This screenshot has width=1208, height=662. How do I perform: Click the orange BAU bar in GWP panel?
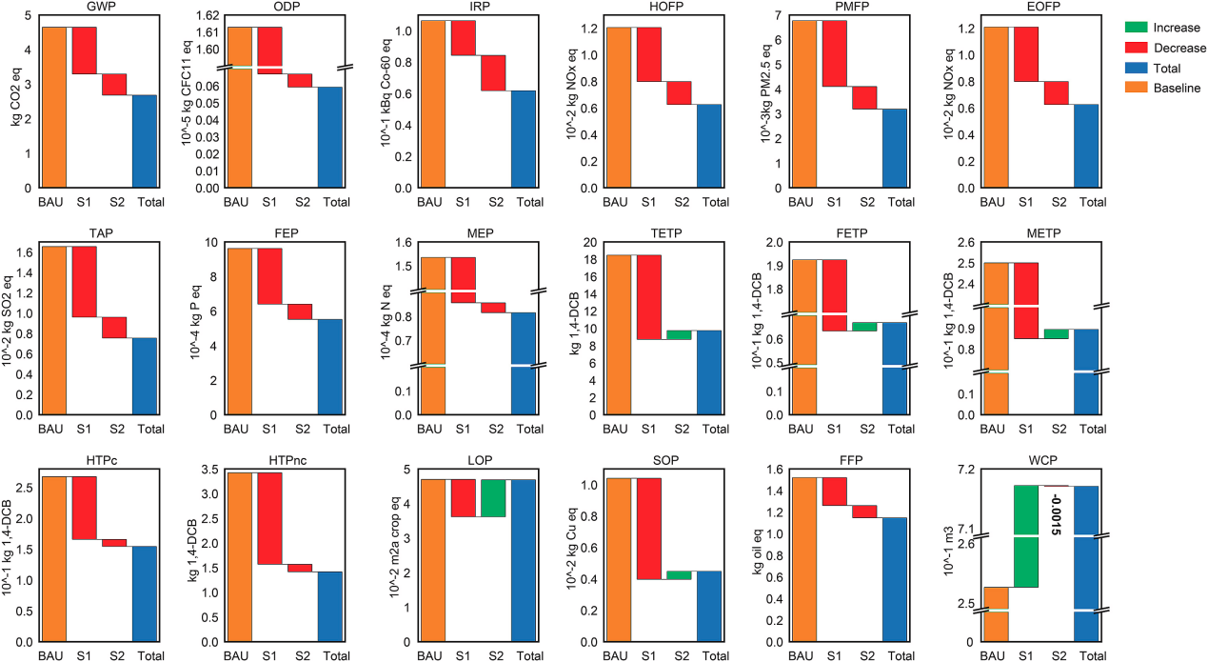tap(54, 107)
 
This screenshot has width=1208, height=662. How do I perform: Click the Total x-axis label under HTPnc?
tap(334, 655)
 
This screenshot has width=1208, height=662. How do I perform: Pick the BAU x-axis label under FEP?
tap(238, 429)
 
